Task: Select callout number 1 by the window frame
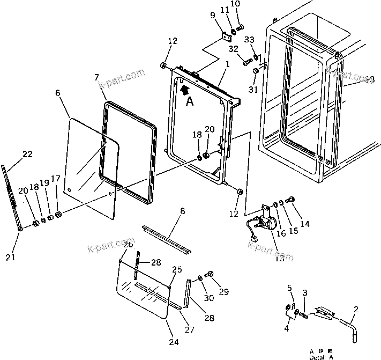click(227, 64)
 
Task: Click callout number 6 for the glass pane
click(57, 93)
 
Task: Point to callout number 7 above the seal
click(96, 77)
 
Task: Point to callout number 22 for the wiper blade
click(27, 155)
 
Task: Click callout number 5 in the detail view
click(290, 289)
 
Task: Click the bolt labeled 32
click(247, 62)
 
